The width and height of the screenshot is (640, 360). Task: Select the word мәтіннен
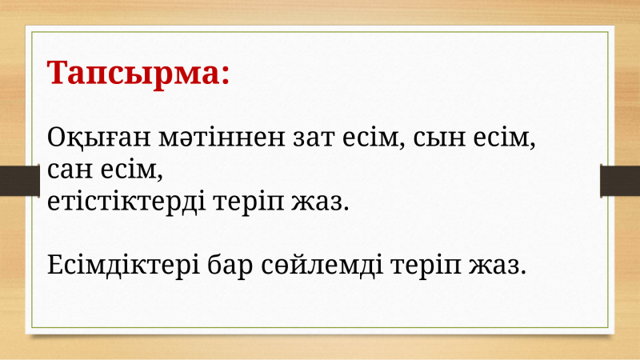[x=222, y=138]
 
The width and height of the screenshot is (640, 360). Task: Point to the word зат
[x=314, y=138]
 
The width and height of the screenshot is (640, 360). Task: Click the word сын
[x=439, y=138]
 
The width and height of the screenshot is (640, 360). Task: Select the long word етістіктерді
[x=126, y=202]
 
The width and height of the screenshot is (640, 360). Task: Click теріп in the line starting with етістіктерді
[x=248, y=203]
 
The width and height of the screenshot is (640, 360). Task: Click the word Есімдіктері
[x=123, y=265]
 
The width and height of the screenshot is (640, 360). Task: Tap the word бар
[x=230, y=266]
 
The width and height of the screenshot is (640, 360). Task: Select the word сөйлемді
[x=322, y=266]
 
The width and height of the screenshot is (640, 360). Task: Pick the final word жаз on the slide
[x=498, y=266]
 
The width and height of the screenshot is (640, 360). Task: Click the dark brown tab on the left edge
[x=19, y=181]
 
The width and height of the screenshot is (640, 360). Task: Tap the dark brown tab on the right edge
[x=620, y=181]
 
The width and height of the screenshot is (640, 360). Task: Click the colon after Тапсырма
[x=226, y=75]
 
